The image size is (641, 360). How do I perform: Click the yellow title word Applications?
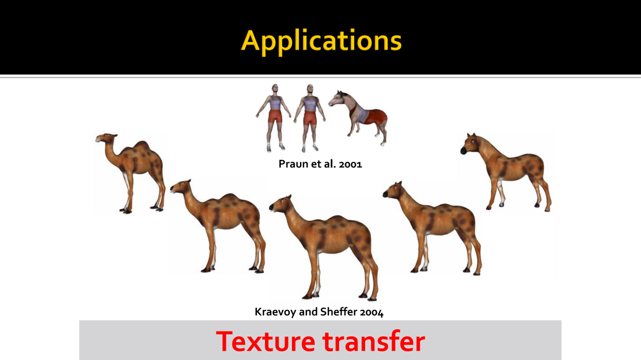321,41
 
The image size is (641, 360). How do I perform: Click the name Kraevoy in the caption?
275,311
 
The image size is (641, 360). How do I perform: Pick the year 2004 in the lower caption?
372,312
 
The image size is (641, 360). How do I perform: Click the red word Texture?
265,341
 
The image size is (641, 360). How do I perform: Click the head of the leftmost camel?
106,138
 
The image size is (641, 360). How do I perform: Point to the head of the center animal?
280,204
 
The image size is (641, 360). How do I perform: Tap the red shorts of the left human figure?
275,116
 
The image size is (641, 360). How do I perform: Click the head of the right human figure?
310,90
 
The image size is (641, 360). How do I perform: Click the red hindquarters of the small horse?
377,117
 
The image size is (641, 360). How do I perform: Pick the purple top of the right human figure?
310,104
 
